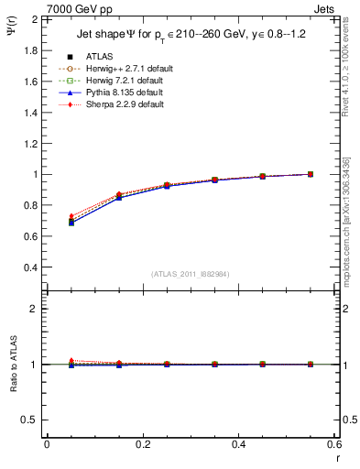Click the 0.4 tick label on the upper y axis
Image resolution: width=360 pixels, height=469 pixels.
[31, 267]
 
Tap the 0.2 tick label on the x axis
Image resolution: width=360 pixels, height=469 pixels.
[142, 444]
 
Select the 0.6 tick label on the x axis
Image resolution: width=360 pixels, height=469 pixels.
[333, 444]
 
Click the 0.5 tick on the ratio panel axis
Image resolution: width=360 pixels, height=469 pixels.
[31, 420]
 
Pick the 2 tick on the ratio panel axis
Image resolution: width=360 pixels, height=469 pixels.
[35, 309]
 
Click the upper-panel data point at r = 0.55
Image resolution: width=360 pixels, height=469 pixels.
[311, 174]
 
